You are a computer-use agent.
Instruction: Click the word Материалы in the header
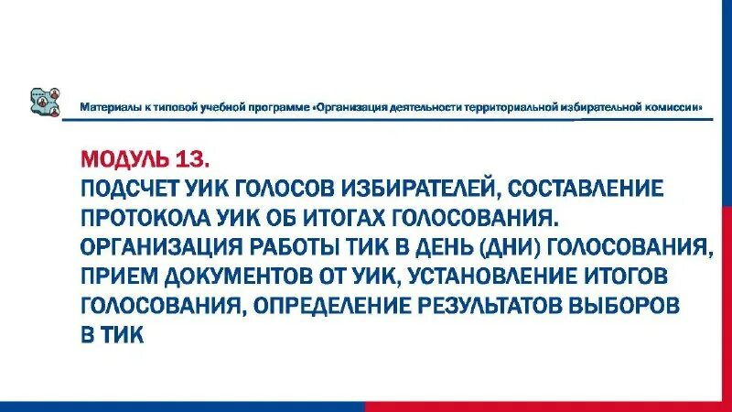107,107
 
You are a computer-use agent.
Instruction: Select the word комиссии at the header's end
674,107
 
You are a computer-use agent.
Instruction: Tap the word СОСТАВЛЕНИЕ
582,190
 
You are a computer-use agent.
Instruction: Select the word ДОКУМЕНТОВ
238,276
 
